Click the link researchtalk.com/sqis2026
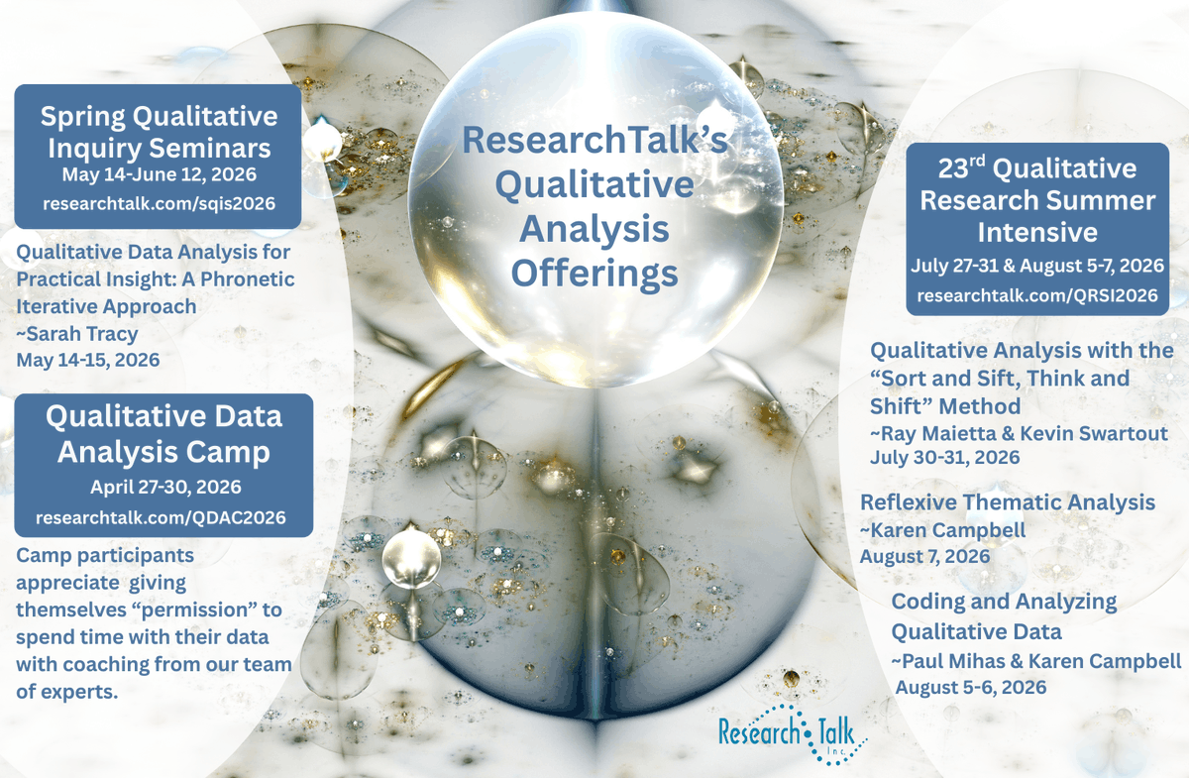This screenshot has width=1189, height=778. point(159,203)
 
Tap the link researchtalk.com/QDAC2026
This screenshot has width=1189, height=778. point(161,517)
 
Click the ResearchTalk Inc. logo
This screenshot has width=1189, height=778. point(793,733)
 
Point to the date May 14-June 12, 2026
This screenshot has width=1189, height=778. point(159,175)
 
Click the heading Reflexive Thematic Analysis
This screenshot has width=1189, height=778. point(1008,502)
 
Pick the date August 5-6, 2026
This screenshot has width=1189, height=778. point(971,686)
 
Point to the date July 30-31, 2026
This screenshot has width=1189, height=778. point(944,458)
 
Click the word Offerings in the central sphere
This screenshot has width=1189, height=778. point(594,272)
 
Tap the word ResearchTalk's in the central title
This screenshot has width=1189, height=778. point(594,141)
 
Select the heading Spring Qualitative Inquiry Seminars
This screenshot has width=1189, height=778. point(159,132)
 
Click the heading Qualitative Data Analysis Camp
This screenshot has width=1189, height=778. point(163,434)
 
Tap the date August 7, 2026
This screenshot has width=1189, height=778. point(924,556)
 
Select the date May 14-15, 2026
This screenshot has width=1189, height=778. point(87,358)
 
